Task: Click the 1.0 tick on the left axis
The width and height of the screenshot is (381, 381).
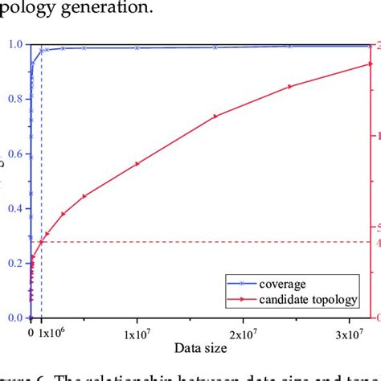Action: click(16, 45)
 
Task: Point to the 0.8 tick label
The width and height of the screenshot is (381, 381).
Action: click(16, 100)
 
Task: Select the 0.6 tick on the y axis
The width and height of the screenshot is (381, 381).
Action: click(16, 154)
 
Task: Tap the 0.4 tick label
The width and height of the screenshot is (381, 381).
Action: click(16, 209)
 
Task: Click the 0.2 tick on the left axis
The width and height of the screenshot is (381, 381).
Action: click(16, 264)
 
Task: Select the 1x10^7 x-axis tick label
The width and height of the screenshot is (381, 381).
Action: click(137, 334)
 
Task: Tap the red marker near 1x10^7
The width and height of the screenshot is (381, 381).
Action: click(137, 163)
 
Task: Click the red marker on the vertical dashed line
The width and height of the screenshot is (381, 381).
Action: click(42, 241)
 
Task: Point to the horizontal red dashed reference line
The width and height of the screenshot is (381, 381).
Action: click(201, 242)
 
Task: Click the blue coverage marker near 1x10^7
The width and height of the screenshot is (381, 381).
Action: click(137, 47)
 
